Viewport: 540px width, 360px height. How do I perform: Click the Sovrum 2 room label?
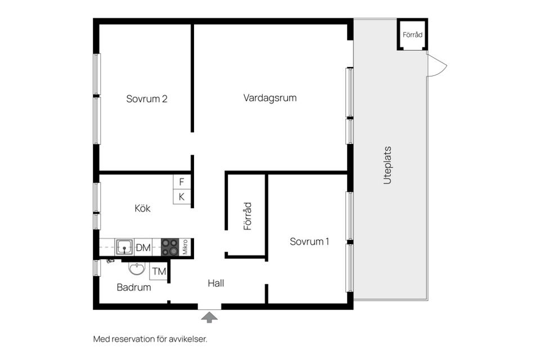click(x=147, y=99)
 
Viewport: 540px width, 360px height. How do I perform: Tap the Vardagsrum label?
click(x=270, y=98)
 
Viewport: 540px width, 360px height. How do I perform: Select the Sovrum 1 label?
click(x=309, y=242)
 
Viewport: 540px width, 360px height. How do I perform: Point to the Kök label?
click(x=142, y=208)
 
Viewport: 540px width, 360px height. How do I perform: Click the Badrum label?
click(x=134, y=287)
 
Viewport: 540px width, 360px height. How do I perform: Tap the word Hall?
click(x=215, y=283)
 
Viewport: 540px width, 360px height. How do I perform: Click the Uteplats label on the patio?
click(x=387, y=165)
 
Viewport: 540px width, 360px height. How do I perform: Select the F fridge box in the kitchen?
click(x=182, y=182)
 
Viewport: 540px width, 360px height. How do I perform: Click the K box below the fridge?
click(x=182, y=197)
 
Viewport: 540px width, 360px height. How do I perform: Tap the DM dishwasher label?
click(x=143, y=247)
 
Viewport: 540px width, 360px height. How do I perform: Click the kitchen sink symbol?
click(x=124, y=247)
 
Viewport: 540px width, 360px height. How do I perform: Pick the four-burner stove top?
click(x=170, y=247)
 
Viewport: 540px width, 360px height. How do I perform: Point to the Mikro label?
click(x=186, y=247)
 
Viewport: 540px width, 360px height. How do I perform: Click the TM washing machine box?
click(x=159, y=272)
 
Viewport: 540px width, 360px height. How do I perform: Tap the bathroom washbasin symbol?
click(x=137, y=269)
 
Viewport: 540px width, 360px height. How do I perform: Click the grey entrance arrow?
click(x=209, y=317)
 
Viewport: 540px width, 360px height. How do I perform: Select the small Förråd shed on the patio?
click(x=412, y=35)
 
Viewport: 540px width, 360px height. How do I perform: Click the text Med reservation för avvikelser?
click(x=150, y=339)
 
